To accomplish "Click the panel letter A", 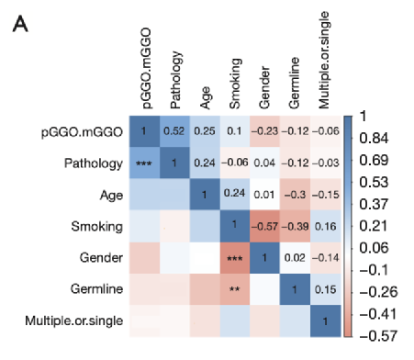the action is (20, 24).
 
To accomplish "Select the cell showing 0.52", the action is (174, 131).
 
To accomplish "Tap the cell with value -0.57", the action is (264, 226).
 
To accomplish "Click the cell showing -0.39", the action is (295, 226).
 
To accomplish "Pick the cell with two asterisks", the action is (235, 289).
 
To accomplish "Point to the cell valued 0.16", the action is (326, 226).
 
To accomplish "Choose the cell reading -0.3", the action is (295, 195).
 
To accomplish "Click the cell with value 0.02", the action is (295, 258).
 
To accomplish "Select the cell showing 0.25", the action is (205, 131).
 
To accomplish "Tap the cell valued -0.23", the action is (264, 131).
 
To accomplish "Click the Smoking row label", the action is (97, 227).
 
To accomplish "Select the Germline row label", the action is (96, 288).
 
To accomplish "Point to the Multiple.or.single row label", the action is (74, 321).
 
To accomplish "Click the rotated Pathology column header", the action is (175, 80).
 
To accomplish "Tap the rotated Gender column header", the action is (264, 87).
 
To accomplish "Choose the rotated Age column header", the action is (206, 97).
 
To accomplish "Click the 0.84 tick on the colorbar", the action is (374, 139).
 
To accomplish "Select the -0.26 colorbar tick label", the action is (378, 292).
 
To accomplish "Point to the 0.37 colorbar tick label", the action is (374, 204).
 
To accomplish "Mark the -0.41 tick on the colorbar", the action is (378, 314).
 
